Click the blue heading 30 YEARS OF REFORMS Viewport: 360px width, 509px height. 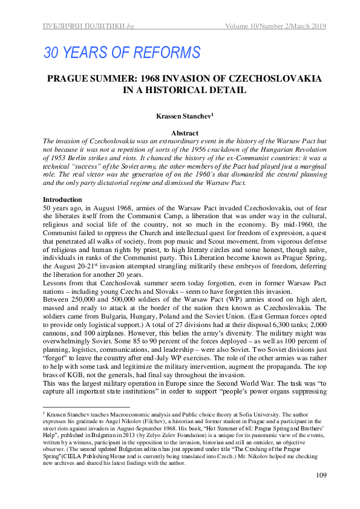(x=122, y=53)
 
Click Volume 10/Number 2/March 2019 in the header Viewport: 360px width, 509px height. (x=275, y=26)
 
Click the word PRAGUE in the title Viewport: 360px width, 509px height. (x=73, y=79)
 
